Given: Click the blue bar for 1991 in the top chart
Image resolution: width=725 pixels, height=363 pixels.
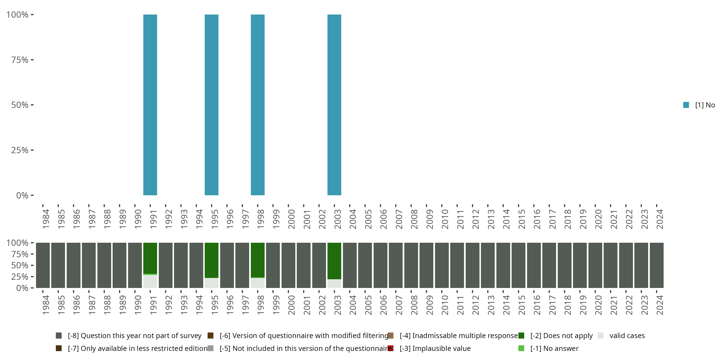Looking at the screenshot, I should tap(150, 105).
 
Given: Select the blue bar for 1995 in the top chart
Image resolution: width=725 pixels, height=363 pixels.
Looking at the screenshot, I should tap(211, 105).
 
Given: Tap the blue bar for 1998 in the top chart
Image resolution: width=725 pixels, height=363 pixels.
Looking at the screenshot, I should tap(258, 105).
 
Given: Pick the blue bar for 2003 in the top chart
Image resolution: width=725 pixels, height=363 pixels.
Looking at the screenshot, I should tap(334, 105).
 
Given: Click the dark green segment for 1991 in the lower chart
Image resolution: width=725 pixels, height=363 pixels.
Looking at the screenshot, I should tap(150, 258).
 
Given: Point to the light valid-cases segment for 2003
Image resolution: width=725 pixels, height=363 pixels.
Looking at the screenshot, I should tap(334, 284).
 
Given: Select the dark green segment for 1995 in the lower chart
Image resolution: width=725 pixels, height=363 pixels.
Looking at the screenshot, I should tap(211, 260).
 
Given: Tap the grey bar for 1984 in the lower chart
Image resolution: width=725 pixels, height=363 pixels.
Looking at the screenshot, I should tap(43, 265).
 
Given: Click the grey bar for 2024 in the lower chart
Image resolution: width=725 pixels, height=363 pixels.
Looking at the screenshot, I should tap(656, 265).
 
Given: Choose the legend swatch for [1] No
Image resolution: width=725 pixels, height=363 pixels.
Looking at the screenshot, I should tap(686, 105).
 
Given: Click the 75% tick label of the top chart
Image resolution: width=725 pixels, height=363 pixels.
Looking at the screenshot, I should tap(20, 60).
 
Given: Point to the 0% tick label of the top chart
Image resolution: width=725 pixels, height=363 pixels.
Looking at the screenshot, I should tap(22, 195).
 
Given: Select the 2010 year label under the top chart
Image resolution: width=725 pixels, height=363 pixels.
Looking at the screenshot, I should tap(445, 219).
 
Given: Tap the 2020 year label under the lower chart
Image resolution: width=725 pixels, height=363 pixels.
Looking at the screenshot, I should tap(598, 305).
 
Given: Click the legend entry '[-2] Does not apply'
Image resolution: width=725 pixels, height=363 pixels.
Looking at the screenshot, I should tap(561, 336).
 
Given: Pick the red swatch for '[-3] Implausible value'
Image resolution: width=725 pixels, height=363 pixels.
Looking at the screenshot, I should tap(390, 348).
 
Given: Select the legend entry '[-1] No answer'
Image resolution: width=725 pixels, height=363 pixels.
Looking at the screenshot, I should tap(554, 348).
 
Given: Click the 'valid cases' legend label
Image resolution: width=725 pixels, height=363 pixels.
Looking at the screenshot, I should tap(627, 336).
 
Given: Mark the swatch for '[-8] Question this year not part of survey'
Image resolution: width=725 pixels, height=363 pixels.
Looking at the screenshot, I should tap(58, 336).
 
